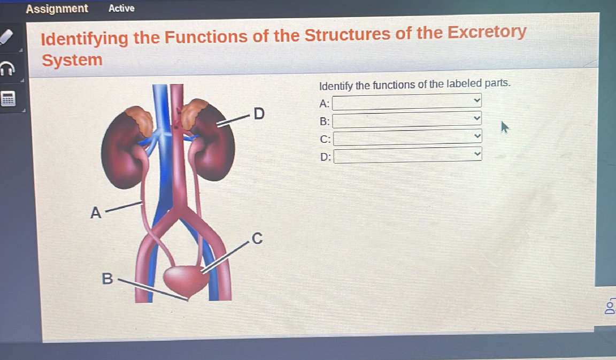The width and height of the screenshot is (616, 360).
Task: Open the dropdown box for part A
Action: tap(406, 101)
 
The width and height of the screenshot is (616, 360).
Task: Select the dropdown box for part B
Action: tap(406, 120)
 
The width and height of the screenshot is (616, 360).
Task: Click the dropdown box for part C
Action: tap(406, 138)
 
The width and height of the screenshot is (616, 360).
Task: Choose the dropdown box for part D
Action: tap(406, 155)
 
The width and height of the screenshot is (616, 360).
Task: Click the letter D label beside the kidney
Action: tap(259, 113)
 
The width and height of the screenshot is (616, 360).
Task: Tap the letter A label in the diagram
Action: tap(95, 213)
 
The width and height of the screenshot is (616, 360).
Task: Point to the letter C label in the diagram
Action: tap(257, 239)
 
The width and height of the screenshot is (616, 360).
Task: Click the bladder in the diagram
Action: tap(183, 278)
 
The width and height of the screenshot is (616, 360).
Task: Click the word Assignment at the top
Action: tap(57, 9)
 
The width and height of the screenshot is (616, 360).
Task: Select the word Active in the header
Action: tap(121, 8)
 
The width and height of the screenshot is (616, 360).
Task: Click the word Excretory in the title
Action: tap(487, 33)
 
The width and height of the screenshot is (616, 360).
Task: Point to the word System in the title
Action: tap(72, 60)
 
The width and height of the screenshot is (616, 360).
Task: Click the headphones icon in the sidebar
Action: tap(7, 68)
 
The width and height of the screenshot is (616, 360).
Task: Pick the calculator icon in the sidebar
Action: tap(7, 98)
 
